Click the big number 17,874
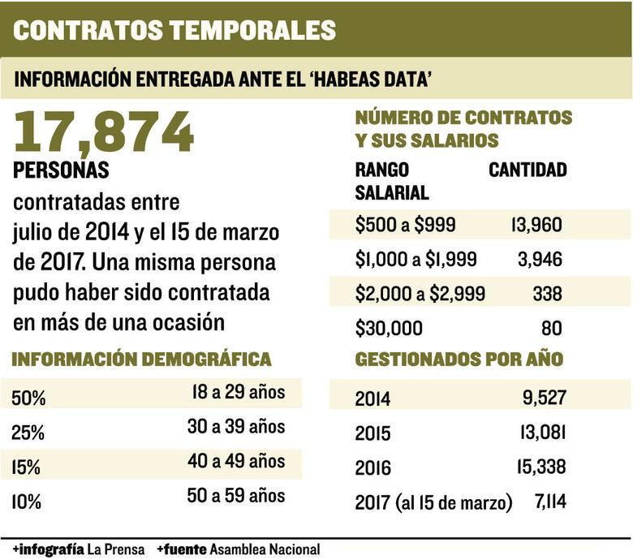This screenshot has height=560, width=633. coord(104,131)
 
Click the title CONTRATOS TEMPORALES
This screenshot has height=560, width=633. coord(174,29)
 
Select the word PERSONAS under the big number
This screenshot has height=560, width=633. coord(62,172)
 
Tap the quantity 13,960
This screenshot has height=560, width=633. coord(536,225)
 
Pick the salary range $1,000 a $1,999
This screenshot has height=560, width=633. coord(416,259)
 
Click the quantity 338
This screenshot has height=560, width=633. coord(548,294)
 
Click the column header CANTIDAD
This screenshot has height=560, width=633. coord(527,170)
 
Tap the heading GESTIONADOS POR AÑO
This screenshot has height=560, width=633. coord(459,360)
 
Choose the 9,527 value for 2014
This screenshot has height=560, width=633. coord(540,398)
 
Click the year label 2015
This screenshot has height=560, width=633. coord(372,433)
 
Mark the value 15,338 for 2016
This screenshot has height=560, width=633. coord(536,468)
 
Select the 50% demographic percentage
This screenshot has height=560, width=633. coord(29,398)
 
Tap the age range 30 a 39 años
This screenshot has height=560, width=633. coord(235,427)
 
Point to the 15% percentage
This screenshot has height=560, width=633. coord(28,467)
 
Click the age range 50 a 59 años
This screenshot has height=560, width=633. coord(235,495)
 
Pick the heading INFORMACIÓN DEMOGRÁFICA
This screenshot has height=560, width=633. coord(142,360)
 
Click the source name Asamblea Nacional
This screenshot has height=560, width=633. coord(265,549)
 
